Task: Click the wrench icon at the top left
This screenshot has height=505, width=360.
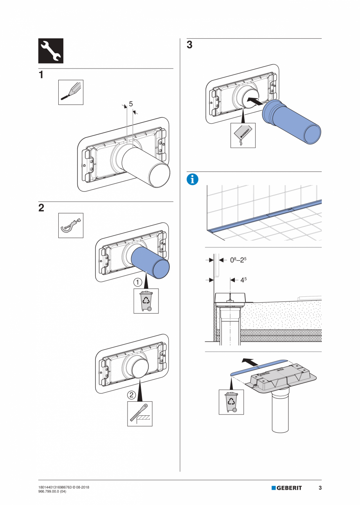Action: click(50, 51)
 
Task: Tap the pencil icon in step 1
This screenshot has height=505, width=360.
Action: click(71, 92)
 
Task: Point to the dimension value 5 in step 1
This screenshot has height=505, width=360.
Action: click(131, 104)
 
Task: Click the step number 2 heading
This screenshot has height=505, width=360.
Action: click(41, 208)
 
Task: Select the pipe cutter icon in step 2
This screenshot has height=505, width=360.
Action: click(71, 225)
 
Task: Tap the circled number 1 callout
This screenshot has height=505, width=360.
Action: click(137, 281)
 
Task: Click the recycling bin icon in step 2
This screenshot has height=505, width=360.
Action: click(146, 301)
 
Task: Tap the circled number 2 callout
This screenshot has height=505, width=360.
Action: click(132, 395)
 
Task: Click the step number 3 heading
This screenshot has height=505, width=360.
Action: click(190, 45)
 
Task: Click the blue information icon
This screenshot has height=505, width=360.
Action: click(193, 180)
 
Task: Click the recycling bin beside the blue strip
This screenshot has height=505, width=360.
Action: click(231, 402)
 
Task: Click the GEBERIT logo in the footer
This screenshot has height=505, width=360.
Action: click(287, 488)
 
